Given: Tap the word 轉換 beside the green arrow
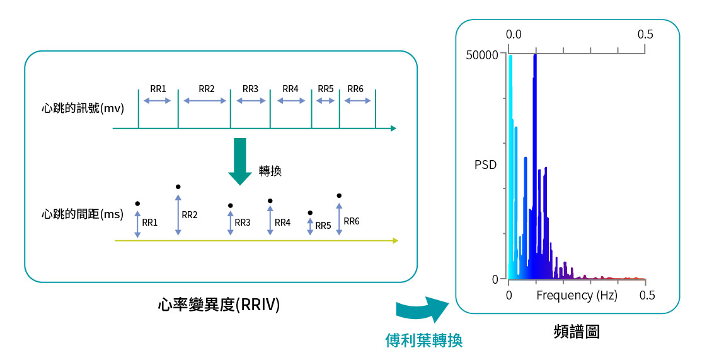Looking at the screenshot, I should tap(270, 171).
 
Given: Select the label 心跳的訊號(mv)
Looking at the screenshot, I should tap(83, 107).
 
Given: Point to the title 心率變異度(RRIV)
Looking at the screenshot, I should tap(219, 305).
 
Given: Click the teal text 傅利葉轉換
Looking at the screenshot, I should tap(424, 340).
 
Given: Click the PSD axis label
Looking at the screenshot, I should tap(485, 165).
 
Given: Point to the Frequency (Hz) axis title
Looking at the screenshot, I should tap(577, 295).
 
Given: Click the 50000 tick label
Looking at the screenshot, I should tap(481, 55).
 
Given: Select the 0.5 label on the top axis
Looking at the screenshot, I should tap(645, 34).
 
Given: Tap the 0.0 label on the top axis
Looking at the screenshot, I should tap(514, 34).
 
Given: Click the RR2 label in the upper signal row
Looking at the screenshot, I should tap(207, 89).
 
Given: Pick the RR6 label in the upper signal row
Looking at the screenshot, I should tap(355, 89).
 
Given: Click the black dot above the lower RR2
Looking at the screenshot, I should tap(178, 187).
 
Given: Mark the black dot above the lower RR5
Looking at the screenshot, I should tap(310, 213).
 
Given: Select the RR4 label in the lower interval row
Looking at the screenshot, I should tap(282, 223).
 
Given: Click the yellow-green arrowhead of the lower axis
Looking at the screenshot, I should tap(395, 240).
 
